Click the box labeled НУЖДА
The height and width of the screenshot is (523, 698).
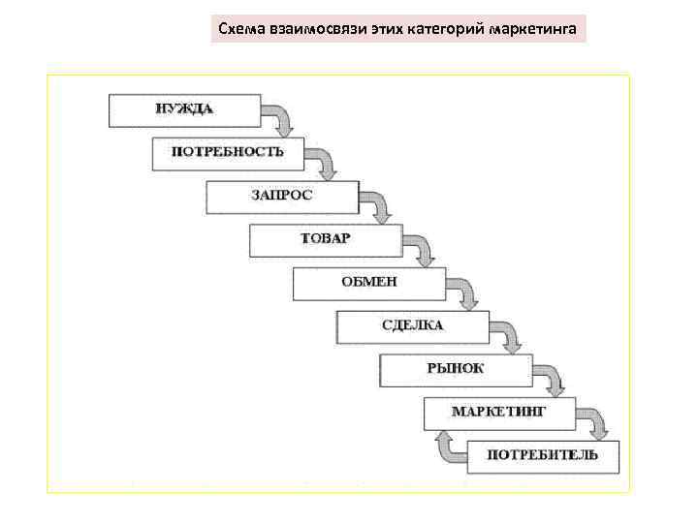pos(184,110)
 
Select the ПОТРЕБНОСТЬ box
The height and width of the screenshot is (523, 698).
pos(228,153)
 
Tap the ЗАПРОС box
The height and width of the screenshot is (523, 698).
pos(282,197)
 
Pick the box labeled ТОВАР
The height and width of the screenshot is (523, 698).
pos(326,240)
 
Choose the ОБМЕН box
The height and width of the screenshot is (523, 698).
pos(369,284)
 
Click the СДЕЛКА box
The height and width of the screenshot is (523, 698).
pos(413,327)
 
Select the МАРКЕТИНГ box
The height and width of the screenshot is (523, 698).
pos(499,414)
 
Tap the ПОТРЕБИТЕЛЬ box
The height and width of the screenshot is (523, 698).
pos(542,456)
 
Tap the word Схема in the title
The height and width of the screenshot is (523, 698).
pos(239,30)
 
